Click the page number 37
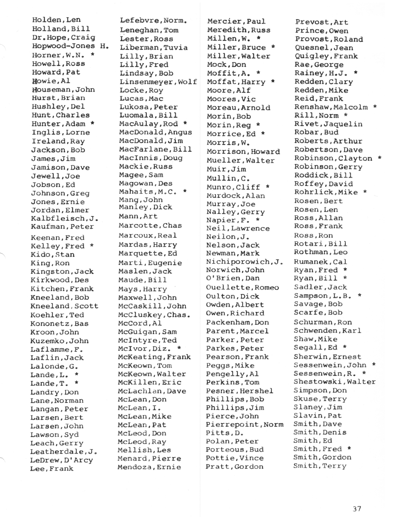click(356, 509)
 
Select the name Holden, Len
click(56, 20)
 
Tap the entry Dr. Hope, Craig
click(64, 37)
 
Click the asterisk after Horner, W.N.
click(92, 54)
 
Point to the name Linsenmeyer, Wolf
click(158, 82)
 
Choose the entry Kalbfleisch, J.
click(64, 219)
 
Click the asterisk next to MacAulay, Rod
click(185, 123)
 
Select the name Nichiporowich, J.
click(244, 262)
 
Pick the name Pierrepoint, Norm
click(244, 424)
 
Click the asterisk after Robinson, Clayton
click(380, 158)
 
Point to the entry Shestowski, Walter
click(335, 382)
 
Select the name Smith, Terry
click(320, 466)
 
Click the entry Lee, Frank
click(52, 468)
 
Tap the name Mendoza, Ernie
click(149, 467)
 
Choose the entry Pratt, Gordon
click(234, 466)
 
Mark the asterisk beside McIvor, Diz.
click(179, 348)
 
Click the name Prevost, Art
click(321, 22)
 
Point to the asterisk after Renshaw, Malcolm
click(375, 106)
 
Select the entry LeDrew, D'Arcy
click(62, 460)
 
